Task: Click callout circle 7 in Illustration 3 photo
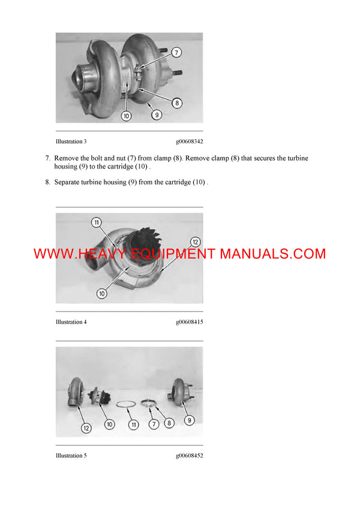[x=176, y=52]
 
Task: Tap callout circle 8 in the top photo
[x=177, y=103]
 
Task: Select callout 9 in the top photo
[x=156, y=114]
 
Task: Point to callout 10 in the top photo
[x=126, y=116]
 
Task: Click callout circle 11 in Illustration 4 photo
[x=96, y=222]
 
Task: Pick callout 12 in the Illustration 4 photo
[x=194, y=242]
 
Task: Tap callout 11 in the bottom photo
[x=133, y=424]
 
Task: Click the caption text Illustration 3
[x=71, y=142]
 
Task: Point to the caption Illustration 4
[x=71, y=322]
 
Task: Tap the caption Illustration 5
[x=71, y=456]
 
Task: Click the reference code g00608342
[x=189, y=142]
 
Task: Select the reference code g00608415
[x=189, y=322]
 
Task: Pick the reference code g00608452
[x=189, y=456]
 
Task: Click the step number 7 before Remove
[x=47, y=158]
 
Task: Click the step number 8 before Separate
[x=47, y=182]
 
